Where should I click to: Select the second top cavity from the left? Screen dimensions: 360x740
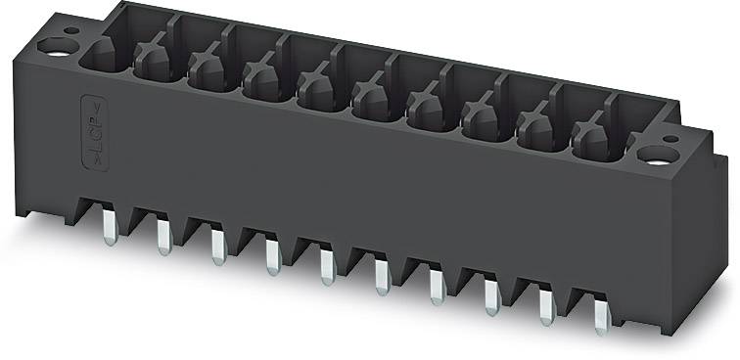(152, 65)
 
